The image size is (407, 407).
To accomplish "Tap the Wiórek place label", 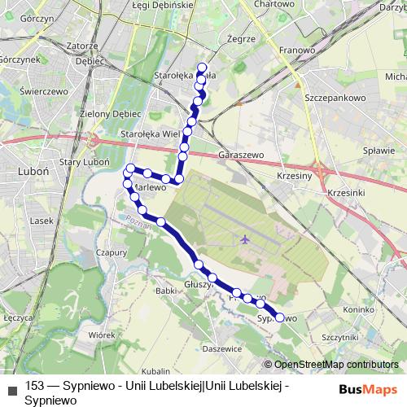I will [102, 334].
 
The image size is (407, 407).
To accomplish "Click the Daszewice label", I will [223, 348].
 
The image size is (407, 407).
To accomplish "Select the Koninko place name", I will [358, 309].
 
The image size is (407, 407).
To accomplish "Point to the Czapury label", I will [112, 252].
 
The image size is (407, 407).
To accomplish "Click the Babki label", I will [166, 290].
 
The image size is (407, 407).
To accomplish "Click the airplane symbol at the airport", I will [246, 239].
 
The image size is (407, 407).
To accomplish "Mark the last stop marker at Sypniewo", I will [280, 318].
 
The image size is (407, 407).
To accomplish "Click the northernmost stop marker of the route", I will [202, 68].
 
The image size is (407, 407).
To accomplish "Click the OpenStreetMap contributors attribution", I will [335, 365].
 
